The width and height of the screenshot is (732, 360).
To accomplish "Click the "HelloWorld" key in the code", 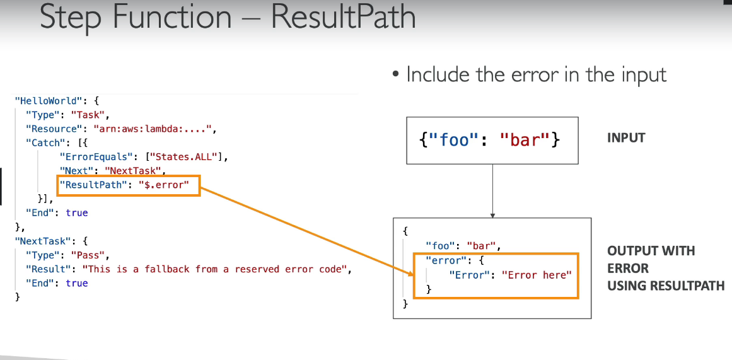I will [x=47, y=100].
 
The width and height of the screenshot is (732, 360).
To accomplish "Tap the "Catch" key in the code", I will [x=45, y=142].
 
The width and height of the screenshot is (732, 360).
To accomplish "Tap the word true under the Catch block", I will [x=77, y=213].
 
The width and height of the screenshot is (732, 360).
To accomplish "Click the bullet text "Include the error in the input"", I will [x=536, y=74].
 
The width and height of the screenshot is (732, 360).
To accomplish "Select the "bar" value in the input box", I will [x=517, y=139].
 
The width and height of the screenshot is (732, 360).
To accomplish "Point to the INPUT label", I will [x=626, y=137].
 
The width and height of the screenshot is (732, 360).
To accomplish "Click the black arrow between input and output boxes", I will [x=492, y=189].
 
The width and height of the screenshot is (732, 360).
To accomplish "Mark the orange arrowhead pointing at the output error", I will [x=408, y=273].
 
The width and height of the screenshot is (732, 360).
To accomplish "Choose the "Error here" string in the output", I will [x=537, y=275].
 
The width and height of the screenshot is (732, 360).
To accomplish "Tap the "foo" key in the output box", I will [x=439, y=245].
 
